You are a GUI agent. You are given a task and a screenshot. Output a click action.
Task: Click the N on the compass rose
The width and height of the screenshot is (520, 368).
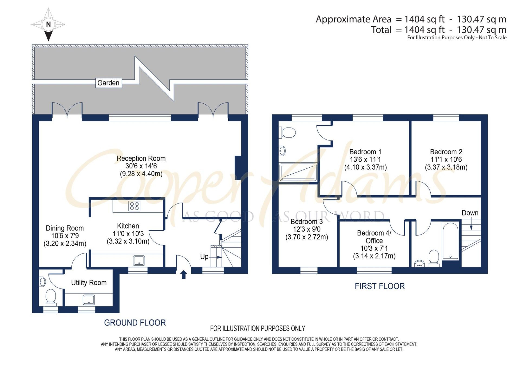(48, 24)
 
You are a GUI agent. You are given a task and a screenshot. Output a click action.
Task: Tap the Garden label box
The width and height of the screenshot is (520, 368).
(109, 83)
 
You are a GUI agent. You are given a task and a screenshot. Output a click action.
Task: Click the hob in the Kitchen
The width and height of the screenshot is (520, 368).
(134, 206)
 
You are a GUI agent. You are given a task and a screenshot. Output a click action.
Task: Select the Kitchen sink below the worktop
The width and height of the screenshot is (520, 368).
(139, 261)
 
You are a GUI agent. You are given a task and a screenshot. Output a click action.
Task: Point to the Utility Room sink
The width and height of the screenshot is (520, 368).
(89, 300)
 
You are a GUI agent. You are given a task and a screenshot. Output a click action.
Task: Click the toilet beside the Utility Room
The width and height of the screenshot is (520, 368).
(51, 296)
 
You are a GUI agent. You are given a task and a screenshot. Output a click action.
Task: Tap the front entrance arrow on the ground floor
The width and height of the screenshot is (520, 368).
(184, 274)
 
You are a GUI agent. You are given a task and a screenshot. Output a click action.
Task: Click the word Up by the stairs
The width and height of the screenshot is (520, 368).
(204, 257)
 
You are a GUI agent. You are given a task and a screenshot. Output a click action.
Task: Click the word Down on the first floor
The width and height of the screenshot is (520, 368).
(470, 213)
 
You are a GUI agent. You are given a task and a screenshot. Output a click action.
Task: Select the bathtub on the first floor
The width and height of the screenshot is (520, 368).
(450, 241)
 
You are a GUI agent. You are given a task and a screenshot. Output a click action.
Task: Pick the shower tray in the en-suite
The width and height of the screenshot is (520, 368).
(298, 172)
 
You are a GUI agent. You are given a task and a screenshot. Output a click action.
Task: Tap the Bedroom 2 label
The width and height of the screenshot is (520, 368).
(446, 152)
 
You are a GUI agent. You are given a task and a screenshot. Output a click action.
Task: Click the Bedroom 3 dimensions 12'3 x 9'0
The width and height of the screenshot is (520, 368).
(307, 229)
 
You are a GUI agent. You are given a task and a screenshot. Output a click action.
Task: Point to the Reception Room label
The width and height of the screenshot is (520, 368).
(141, 158)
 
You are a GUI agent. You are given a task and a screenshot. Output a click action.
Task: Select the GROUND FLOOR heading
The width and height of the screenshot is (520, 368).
(135, 323)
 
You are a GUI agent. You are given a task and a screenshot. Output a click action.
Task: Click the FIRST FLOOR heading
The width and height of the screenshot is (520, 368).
(380, 286)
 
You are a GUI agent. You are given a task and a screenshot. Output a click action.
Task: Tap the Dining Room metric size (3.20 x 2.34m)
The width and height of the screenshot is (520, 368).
(65, 244)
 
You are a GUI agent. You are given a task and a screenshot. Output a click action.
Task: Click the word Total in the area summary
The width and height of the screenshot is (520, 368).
(381, 30)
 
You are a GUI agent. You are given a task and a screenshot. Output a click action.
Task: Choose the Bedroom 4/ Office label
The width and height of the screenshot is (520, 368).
(374, 237)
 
